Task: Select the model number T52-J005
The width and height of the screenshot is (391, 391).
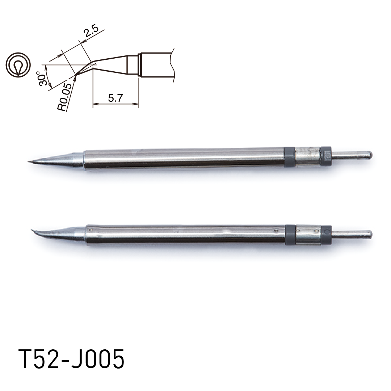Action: (x=71, y=360)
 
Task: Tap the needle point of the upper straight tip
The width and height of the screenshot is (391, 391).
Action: (x=29, y=161)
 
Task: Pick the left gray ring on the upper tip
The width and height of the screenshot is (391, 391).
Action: (x=289, y=157)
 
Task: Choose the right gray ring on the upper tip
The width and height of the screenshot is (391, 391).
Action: (x=326, y=156)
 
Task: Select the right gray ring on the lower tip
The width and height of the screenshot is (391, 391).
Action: (x=326, y=235)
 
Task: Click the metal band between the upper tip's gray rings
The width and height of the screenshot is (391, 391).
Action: (x=307, y=156)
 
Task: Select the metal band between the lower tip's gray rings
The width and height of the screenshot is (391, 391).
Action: (x=308, y=235)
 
